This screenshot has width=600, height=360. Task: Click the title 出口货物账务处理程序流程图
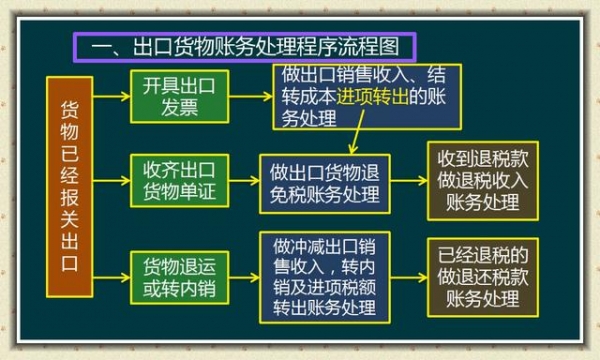[x=245, y=46]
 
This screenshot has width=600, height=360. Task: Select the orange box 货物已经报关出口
[x=68, y=187]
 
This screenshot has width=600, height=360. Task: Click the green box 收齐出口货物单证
[x=179, y=179]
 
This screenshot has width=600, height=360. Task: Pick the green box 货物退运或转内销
[x=179, y=275]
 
